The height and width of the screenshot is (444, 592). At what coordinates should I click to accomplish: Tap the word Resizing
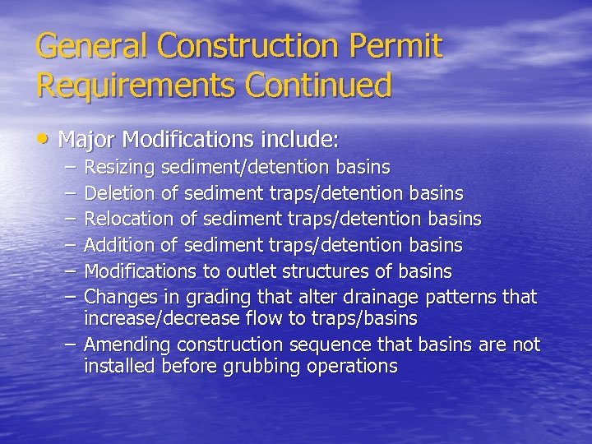point(120,169)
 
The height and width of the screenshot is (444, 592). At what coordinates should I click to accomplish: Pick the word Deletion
point(119,194)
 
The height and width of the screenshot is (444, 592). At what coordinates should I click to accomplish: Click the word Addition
point(118,245)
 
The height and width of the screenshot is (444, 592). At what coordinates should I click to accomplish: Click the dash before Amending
point(72,345)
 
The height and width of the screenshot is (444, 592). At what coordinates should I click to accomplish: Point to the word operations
point(352,366)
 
